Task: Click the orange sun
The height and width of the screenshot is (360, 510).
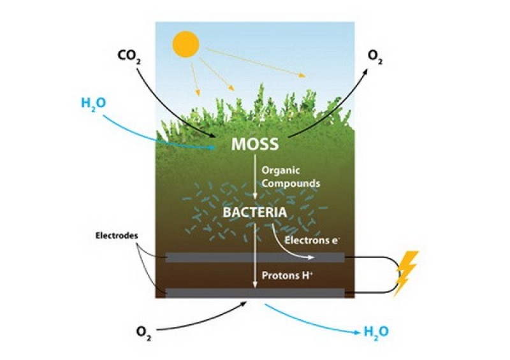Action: click(x=186, y=44)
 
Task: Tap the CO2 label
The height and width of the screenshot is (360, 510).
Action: click(x=129, y=56)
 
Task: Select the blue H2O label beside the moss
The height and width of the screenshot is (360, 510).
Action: click(x=93, y=104)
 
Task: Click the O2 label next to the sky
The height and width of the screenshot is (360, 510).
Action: click(x=375, y=57)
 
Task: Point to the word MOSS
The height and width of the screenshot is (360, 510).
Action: click(x=255, y=145)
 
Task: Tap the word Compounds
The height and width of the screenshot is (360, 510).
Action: click(x=291, y=184)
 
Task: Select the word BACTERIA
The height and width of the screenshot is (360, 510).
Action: click(x=255, y=213)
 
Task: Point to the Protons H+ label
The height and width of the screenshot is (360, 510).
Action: click(x=288, y=276)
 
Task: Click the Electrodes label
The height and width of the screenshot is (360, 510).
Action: click(x=117, y=236)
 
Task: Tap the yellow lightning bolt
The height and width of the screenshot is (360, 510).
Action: click(x=406, y=273)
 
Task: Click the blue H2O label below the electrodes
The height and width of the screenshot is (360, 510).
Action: click(x=375, y=332)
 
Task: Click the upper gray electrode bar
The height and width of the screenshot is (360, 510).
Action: click(x=255, y=257)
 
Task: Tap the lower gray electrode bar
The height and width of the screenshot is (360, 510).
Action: click(x=255, y=292)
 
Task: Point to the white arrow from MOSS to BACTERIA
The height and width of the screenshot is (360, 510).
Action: click(x=255, y=176)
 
